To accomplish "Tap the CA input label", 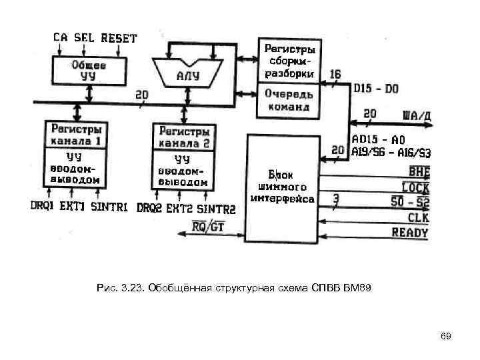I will click(x=60, y=38).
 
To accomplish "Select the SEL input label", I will click(x=83, y=38).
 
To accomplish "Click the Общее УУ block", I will click(x=90, y=70).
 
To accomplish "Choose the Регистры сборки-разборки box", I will click(x=290, y=61).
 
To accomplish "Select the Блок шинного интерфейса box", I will click(x=283, y=187).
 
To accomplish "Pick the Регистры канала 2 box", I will click(x=184, y=137).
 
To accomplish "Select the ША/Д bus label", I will click(x=417, y=115).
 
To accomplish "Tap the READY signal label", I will click(x=410, y=233).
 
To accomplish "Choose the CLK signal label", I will click(x=419, y=217).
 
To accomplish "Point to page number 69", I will click(x=446, y=336).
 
